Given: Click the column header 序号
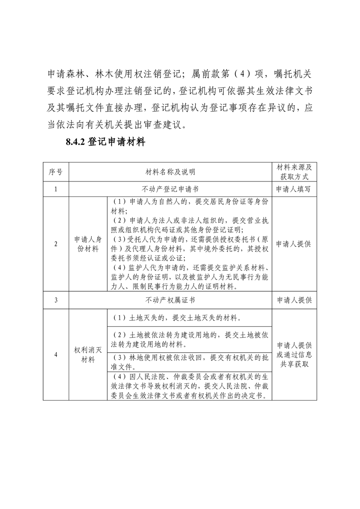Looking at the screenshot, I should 56,172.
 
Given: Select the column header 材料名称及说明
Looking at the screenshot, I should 170,172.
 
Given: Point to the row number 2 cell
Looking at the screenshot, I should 56,244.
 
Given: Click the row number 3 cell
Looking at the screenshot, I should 56,300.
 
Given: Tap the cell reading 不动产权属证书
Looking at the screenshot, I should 170,300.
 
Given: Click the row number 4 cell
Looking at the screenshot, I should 56,355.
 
